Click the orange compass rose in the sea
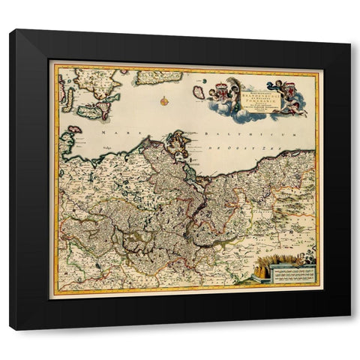pyautogui.click(x=161, y=97)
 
